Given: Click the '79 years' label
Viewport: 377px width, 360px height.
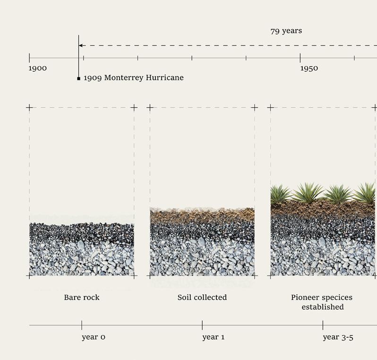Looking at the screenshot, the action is (x=286, y=31).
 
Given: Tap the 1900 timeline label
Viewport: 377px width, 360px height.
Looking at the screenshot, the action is (x=38, y=69).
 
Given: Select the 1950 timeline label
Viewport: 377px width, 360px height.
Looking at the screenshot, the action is (x=309, y=69).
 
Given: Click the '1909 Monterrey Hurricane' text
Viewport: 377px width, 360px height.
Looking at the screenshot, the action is (x=133, y=78).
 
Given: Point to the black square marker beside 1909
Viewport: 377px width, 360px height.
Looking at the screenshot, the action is (x=79, y=78).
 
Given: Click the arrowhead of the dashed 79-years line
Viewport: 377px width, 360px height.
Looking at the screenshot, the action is (x=81, y=46).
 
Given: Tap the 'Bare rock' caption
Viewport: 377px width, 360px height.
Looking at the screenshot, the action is (x=82, y=298).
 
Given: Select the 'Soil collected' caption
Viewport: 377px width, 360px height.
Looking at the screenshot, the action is (x=202, y=298).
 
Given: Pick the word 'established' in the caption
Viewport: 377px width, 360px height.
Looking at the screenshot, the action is (x=323, y=307).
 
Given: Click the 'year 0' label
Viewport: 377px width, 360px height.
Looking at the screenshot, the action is (x=93, y=337).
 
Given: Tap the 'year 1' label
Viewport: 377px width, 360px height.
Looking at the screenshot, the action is (x=214, y=337).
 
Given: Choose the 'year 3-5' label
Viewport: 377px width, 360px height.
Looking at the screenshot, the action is (x=338, y=337).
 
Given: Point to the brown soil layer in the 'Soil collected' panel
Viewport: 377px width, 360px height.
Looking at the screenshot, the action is (x=202, y=215).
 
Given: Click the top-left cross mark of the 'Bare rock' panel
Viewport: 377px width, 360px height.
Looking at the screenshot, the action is (x=29, y=108).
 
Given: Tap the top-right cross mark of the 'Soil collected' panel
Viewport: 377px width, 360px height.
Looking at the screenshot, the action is (x=254, y=108).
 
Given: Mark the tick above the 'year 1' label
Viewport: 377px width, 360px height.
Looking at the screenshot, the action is (x=202, y=325).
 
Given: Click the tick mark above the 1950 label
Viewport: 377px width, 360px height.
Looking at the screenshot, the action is (x=300, y=58).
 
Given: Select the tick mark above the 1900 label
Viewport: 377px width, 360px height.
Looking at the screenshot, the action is (x=29, y=58).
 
